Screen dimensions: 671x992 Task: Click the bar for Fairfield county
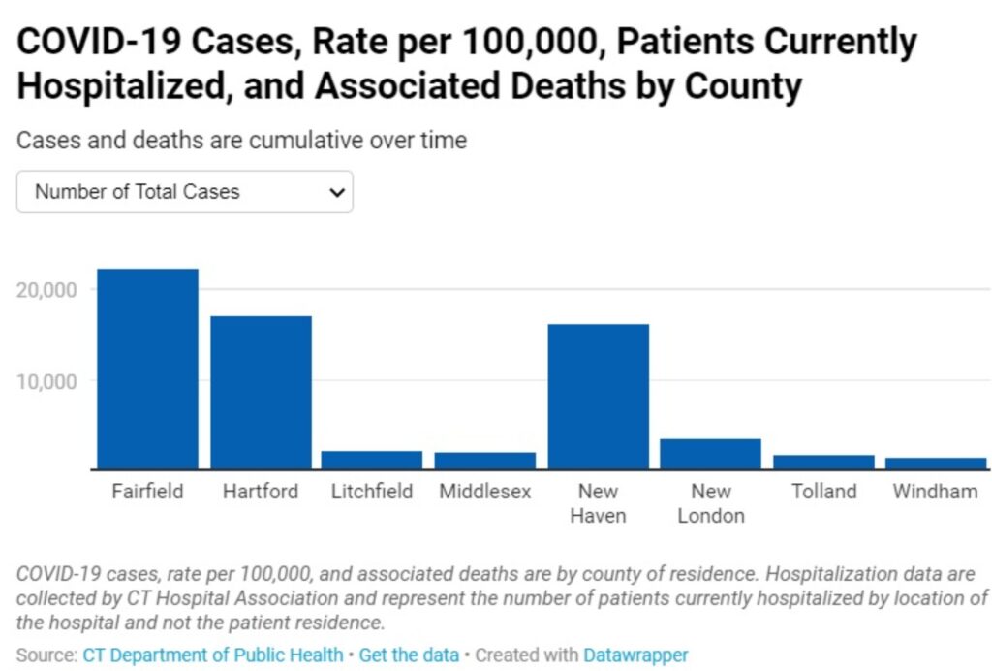click(147, 369)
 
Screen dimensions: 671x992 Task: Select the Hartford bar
click(261, 393)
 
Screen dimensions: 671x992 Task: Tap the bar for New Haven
click(598, 397)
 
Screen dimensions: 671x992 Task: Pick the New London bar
click(710, 455)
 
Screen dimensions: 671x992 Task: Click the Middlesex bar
click(485, 462)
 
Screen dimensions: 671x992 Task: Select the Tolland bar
click(823, 463)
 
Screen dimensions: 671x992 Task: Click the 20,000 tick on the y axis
click(46, 290)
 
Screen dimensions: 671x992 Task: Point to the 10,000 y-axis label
click(46, 380)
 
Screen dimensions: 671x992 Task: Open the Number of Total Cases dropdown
click(184, 192)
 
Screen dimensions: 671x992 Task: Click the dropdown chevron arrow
click(336, 192)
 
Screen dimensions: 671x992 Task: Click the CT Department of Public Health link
click(213, 655)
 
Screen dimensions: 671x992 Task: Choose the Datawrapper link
click(635, 655)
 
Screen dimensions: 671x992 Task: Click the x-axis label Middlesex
click(485, 492)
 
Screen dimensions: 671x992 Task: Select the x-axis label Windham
click(936, 492)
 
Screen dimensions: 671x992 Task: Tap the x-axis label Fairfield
click(147, 492)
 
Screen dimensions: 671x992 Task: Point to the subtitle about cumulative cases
click(241, 141)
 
